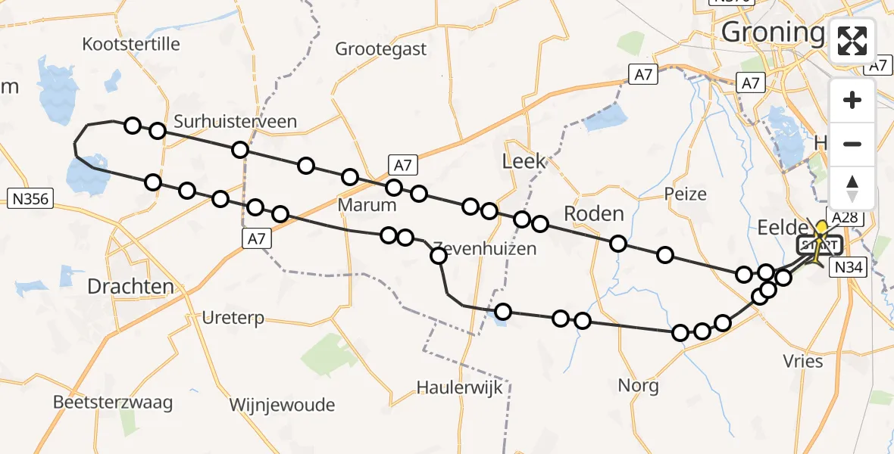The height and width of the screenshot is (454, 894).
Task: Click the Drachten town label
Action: click(131, 287)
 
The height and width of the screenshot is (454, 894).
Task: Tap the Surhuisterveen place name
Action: click(235, 121)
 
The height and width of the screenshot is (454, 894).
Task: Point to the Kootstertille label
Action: click(132, 44)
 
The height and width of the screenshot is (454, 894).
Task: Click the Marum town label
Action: click(367, 205)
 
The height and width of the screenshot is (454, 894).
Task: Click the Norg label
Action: click(638, 385)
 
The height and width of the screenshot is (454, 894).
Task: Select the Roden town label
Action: click(593, 213)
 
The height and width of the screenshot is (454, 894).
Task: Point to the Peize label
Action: click(685, 194)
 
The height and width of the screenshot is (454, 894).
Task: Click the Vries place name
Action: click(803, 361)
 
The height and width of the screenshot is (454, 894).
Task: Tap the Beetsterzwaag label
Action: click(113, 402)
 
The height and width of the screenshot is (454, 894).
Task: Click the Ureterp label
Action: click(233, 318)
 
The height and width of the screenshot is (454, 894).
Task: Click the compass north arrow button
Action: click(852, 188)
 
